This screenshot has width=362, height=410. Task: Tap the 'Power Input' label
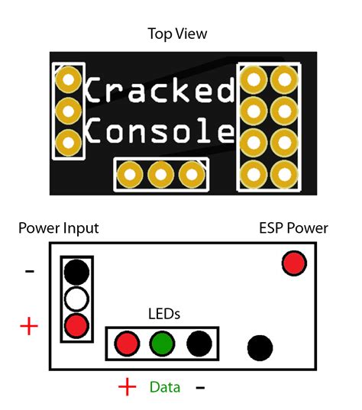tap(59, 228)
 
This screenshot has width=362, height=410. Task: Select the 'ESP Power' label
tap(293, 228)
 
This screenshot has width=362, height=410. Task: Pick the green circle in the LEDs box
tap(162, 343)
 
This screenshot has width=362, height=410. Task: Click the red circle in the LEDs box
tap(128, 343)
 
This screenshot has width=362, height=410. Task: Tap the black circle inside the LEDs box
tap(197, 343)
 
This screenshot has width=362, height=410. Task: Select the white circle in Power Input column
tap(77, 297)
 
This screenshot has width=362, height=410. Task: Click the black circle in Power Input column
tap(77, 271)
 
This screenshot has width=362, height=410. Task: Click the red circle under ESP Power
tap(294, 263)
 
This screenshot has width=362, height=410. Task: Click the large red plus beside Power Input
tap(29, 326)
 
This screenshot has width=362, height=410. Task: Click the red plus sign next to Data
tap(127, 387)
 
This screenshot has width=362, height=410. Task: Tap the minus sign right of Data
tap(200, 388)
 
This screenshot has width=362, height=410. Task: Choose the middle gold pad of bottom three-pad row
tap(160, 175)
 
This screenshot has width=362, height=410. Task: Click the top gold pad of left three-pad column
tap(69, 79)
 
